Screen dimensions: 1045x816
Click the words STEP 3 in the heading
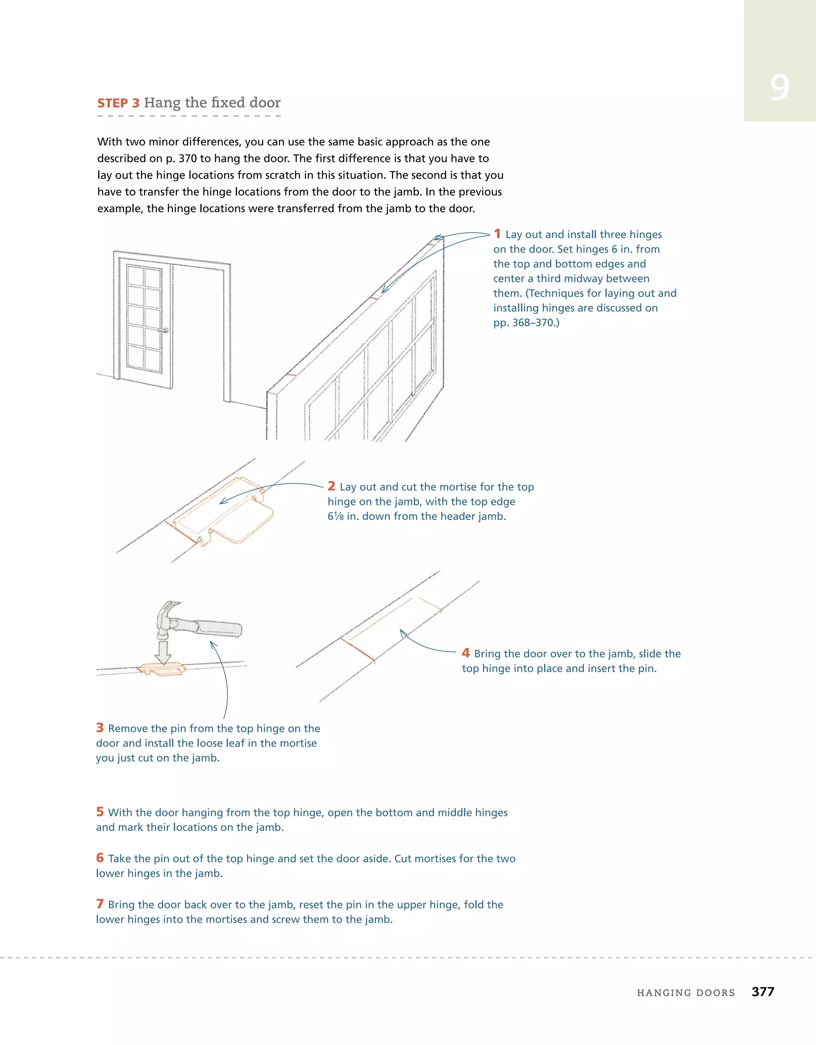coord(118,103)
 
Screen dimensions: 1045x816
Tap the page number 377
coord(763,992)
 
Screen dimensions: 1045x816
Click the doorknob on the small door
coord(166,330)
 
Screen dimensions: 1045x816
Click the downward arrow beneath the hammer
coord(163,653)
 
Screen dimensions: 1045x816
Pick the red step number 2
coord(331,486)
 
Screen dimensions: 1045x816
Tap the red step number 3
coord(100,728)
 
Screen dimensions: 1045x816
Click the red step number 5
coord(100,812)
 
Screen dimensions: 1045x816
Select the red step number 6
coord(100,858)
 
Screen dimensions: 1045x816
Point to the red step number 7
coord(100,904)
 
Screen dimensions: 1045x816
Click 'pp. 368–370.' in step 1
coord(526,323)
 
